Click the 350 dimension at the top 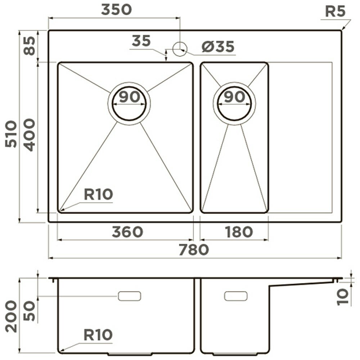117,10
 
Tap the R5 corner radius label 335,12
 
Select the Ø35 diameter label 218,46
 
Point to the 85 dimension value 30,46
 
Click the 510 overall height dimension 11,134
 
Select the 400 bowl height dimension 30,135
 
